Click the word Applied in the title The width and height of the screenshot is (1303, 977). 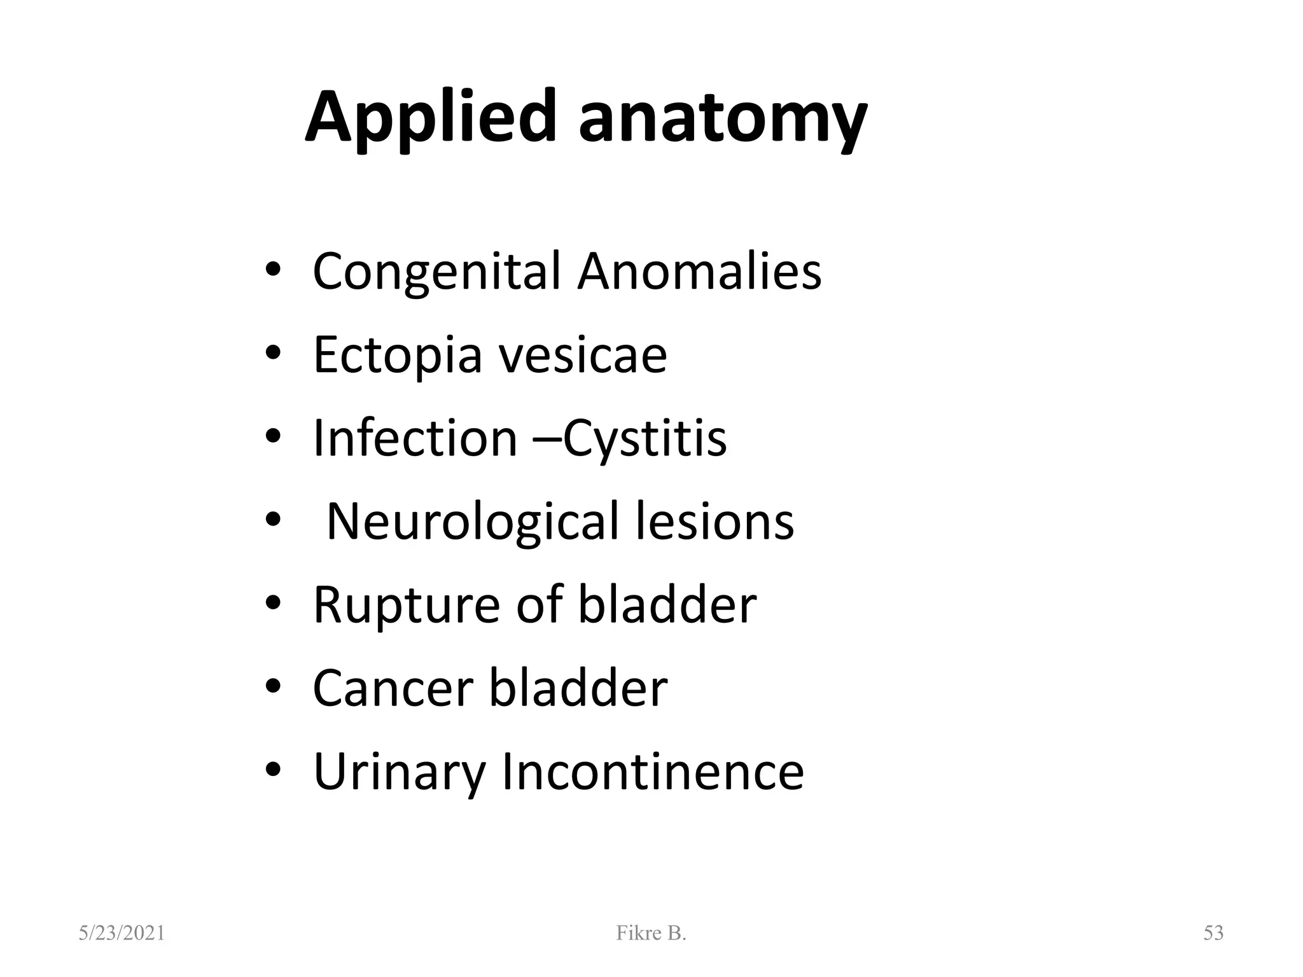pos(431,118)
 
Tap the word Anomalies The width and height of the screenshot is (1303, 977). pos(699,271)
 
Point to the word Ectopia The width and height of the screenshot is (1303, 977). pos(398,356)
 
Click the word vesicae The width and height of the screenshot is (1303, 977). pos(583,355)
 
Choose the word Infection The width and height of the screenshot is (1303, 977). pos(415,438)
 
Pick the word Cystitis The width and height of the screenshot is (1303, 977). pos(645,440)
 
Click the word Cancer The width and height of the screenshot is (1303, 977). pos(393,688)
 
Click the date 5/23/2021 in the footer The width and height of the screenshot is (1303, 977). pos(122,933)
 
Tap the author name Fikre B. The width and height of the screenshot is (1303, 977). pos(651,933)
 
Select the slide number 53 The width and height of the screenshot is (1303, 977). pos(1213,933)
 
